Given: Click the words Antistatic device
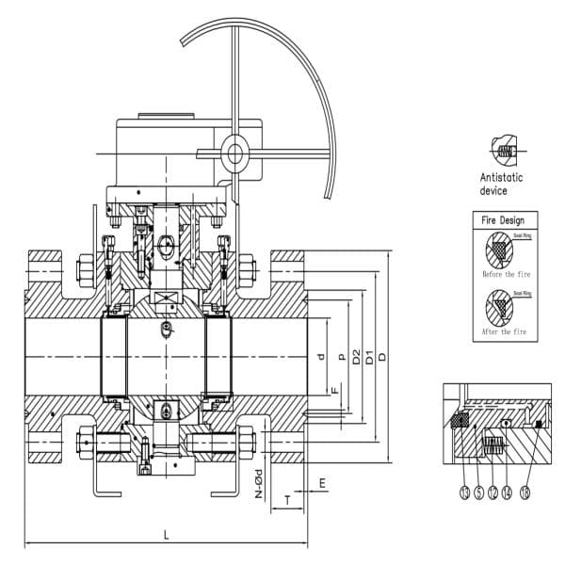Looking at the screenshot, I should pos(502,184).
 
